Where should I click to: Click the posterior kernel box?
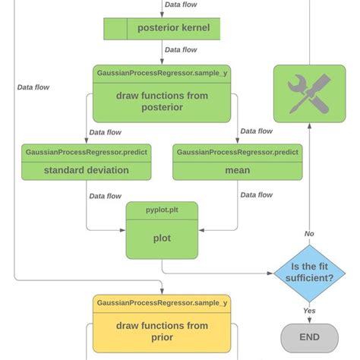tap(178, 29)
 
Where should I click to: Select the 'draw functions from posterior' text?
tap(161, 102)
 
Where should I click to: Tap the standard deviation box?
tap(86, 170)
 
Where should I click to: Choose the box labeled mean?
tap(237, 170)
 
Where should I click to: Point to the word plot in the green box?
tap(161, 238)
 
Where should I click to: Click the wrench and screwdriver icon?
tap(309, 93)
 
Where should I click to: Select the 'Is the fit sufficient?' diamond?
tap(309, 273)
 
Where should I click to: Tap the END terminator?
tap(309, 336)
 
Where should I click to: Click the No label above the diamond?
tap(309, 234)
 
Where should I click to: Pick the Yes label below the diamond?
tap(309, 311)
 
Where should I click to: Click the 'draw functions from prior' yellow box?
tap(161, 331)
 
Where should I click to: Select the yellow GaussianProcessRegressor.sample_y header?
tap(161, 303)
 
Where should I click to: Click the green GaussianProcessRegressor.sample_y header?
tap(161, 73)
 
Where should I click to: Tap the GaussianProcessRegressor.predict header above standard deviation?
tap(86, 152)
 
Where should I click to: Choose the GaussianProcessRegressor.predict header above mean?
tap(237, 152)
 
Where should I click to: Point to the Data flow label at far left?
tap(33, 87)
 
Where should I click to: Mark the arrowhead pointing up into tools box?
tap(309, 127)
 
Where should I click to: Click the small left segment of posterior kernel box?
tap(115, 29)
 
